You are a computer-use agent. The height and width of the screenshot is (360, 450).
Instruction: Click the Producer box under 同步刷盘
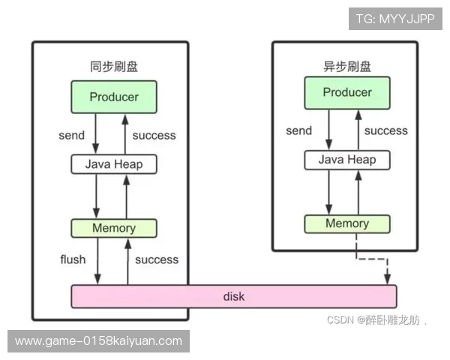coord(114,97)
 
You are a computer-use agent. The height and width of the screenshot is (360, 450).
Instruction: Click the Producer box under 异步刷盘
coord(347,93)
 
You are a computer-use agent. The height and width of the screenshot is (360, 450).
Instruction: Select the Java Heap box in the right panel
coord(347,160)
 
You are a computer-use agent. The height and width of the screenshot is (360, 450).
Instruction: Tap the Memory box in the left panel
coord(114,228)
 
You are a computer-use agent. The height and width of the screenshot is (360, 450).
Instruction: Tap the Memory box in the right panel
coord(347,223)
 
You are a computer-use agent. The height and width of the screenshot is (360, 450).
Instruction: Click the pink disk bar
coord(234,296)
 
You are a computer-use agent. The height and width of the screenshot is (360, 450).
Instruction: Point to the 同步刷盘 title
coord(113,67)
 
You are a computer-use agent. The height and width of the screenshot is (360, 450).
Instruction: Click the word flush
coord(73,259)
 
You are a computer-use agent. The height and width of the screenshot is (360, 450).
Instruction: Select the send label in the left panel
coord(71,136)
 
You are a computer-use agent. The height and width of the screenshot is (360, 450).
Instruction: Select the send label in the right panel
coord(298,130)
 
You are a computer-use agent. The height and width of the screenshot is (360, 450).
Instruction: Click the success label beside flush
coord(157,259)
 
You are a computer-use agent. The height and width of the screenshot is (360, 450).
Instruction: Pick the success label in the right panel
coord(385,130)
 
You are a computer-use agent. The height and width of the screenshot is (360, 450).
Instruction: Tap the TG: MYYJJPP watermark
coord(395,19)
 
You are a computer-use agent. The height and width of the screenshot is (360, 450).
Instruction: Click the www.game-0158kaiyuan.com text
coord(99,341)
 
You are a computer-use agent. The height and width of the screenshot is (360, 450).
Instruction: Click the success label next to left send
coord(154,136)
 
